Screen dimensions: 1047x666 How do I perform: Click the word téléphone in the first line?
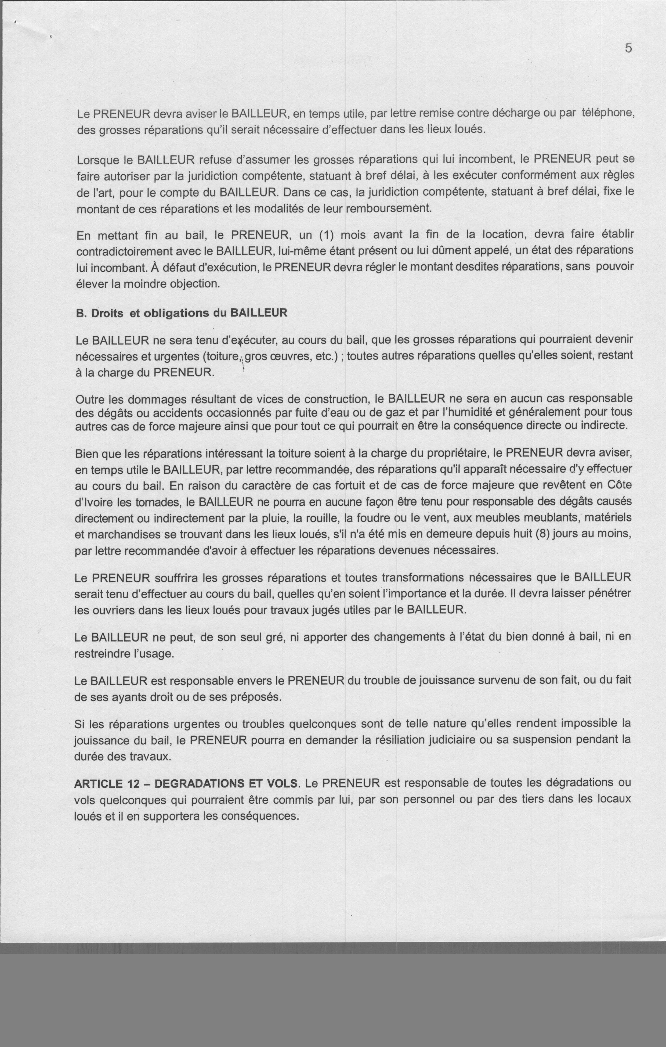(x=608, y=113)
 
